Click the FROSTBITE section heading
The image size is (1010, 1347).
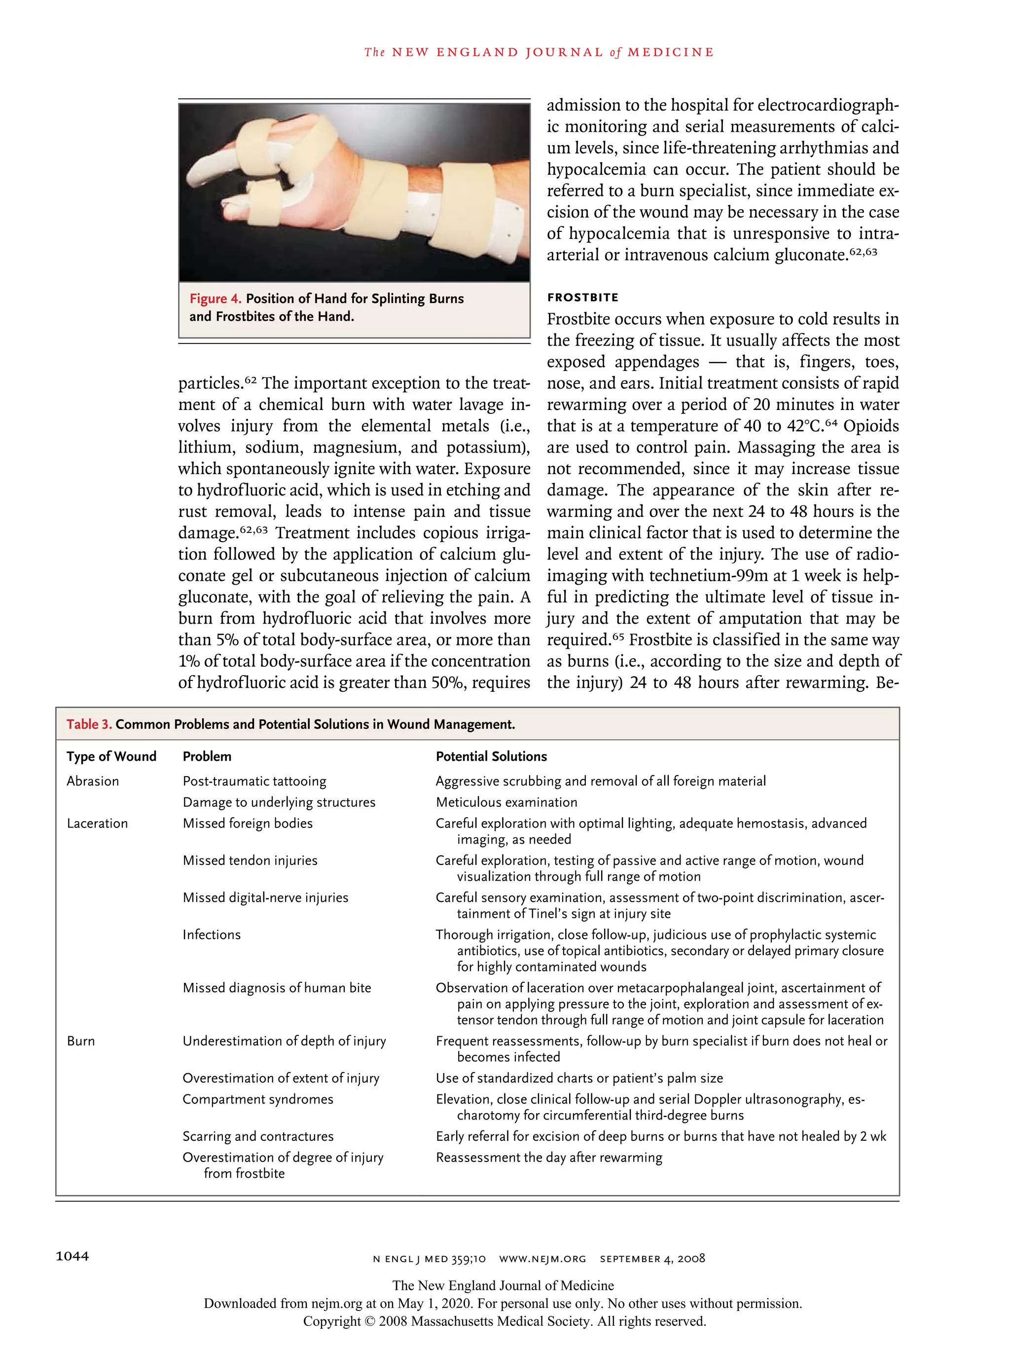pyautogui.click(x=582, y=297)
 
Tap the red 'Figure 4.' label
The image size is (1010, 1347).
pyautogui.click(x=215, y=299)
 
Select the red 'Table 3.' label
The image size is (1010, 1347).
pyautogui.click(x=89, y=724)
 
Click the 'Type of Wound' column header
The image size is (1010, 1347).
pyautogui.click(x=111, y=756)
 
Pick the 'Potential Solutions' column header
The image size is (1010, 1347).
pyautogui.click(x=491, y=756)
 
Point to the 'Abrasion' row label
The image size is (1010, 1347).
pyautogui.click(x=93, y=781)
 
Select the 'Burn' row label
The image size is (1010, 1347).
pyautogui.click(x=80, y=1041)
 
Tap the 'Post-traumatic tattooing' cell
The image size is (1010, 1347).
pyautogui.click(x=254, y=781)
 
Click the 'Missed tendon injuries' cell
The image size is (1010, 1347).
pyautogui.click(x=250, y=861)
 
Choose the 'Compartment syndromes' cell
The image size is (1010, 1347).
pyautogui.click(x=257, y=1099)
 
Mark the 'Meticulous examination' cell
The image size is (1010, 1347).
pyautogui.click(x=506, y=803)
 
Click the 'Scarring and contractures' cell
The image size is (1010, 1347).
pyautogui.click(x=257, y=1136)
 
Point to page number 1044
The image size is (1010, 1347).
pyautogui.click(x=72, y=1256)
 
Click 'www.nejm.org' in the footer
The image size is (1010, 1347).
pyautogui.click(x=542, y=1259)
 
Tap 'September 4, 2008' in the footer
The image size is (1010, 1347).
pyautogui.click(x=652, y=1259)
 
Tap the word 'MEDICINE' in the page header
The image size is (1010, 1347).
pyautogui.click(x=670, y=52)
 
